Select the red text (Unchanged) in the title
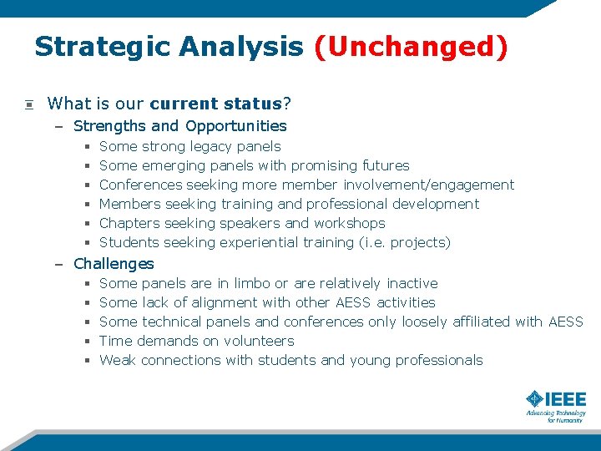click(410, 47)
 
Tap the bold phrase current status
click(215, 104)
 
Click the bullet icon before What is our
click(28, 104)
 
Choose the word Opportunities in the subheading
click(236, 126)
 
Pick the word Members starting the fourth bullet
click(129, 205)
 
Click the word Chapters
click(129, 224)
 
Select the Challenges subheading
click(114, 264)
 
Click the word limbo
click(252, 284)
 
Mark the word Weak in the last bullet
click(118, 361)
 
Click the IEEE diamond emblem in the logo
click(535, 400)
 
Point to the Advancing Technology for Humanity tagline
click(555, 416)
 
